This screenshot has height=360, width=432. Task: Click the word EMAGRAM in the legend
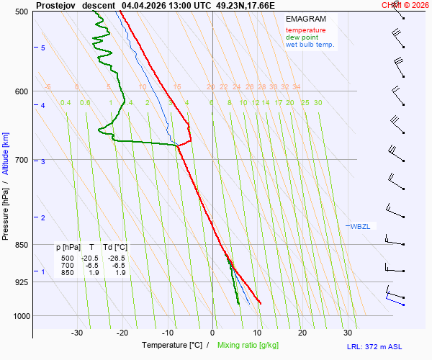[x=305, y=19]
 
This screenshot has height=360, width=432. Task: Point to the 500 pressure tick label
[x=22, y=12]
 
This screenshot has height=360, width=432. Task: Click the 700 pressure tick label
[x=22, y=160]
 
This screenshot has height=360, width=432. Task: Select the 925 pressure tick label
[x=22, y=282]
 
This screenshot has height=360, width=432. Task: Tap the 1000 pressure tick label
[x=19, y=316]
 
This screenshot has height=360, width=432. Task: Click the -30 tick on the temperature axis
[x=77, y=333]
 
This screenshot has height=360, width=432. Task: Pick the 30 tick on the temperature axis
[x=348, y=333]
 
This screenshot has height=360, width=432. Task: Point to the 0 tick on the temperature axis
[x=212, y=333]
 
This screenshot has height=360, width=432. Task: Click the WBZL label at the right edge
[x=360, y=227]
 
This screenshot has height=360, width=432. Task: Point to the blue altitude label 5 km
[x=43, y=48]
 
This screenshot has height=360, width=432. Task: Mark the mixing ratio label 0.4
[x=66, y=103]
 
